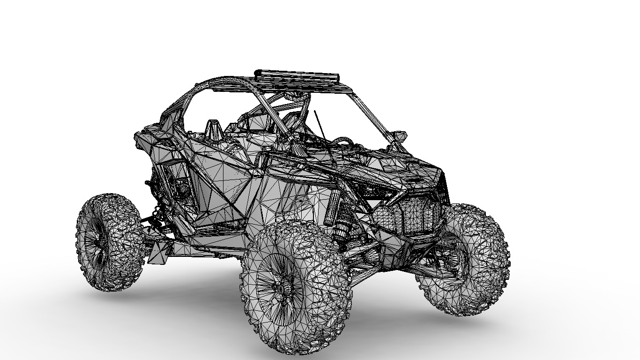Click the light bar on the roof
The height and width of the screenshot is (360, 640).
tap(297, 75)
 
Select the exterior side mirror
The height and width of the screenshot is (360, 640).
tap(399, 136)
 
